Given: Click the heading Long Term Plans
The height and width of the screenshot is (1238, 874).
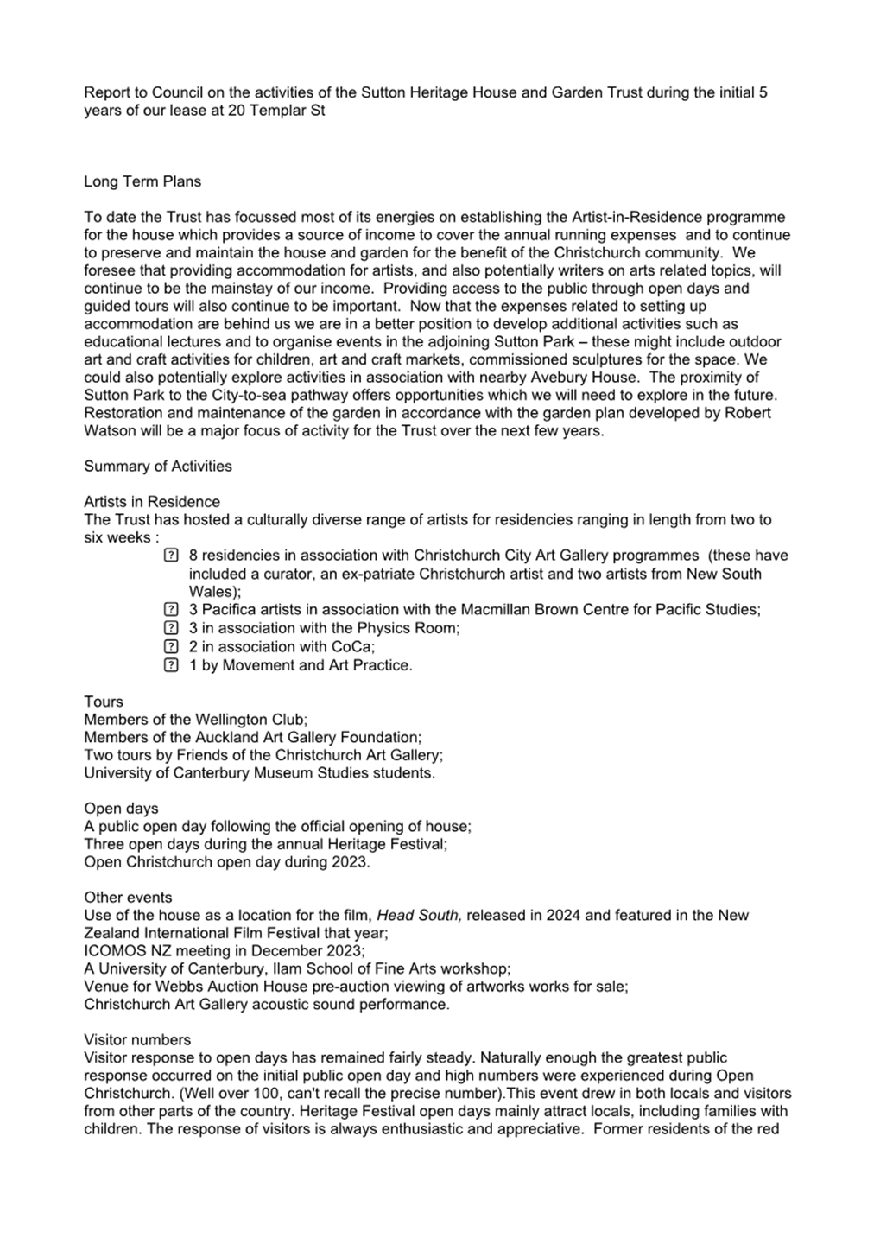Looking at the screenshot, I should coord(142,181).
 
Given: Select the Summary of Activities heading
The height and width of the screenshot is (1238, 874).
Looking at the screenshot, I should coord(158,466).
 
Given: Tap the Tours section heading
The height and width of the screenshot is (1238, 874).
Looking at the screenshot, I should coord(104,702).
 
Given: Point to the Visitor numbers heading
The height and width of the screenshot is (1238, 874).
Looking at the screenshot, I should coord(137,1039).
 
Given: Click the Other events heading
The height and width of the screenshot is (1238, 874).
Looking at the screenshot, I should coord(128,897).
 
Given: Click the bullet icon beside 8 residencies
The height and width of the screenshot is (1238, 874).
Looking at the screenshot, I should coord(171,556).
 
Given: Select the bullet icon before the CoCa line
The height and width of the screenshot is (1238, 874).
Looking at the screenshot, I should coord(171,646).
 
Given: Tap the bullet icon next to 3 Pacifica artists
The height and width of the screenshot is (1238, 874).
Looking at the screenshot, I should coord(171,610).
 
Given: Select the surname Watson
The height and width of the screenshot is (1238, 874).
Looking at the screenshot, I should coord(110,430).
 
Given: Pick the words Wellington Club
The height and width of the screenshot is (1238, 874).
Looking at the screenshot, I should coord(250,719).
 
